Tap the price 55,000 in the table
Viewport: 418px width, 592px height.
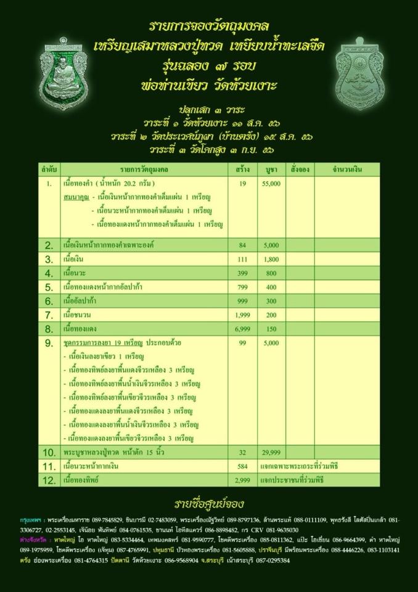point(271,184)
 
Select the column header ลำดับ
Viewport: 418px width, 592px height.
point(49,168)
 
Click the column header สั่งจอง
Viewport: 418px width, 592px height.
point(299,168)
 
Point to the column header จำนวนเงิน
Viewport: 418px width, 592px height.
point(347,168)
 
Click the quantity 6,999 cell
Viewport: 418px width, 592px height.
point(242,329)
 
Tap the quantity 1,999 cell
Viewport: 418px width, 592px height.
point(242,314)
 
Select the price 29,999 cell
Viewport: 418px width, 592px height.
point(271,453)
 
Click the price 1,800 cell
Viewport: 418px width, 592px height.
point(271,258)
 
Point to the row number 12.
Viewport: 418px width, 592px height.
point(50,479)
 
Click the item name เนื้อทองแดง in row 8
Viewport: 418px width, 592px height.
point(80,329)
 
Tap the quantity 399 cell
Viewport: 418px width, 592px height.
point(242,273)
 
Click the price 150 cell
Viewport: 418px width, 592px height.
point(271,329)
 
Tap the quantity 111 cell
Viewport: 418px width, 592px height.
point(242,258)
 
